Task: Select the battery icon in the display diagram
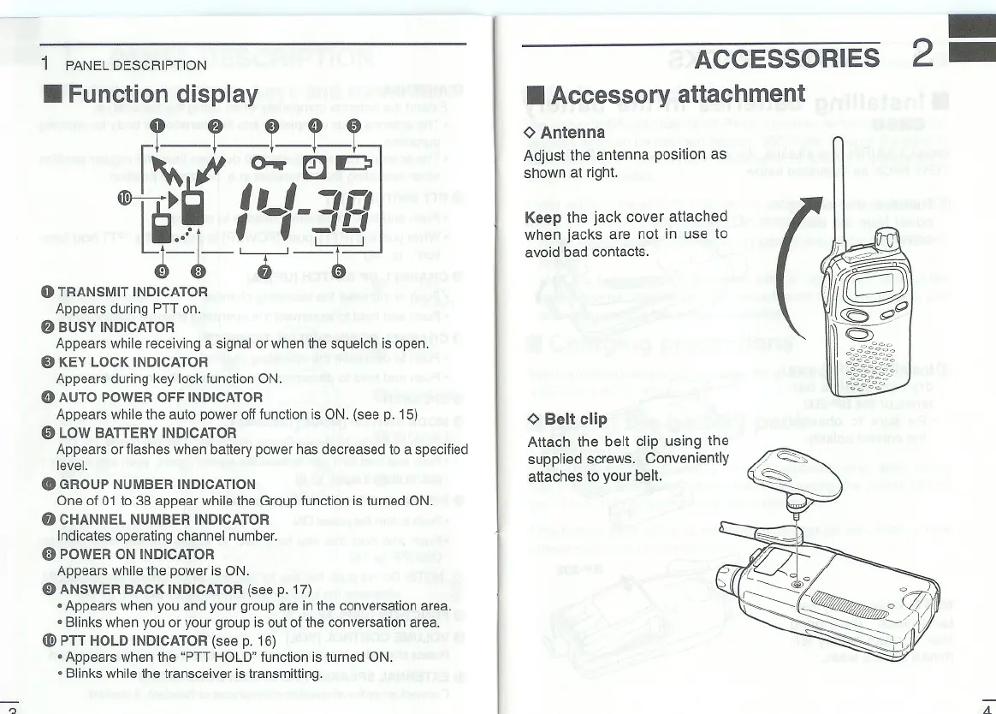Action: click(351, 163)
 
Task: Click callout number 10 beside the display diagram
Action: click(125, 200)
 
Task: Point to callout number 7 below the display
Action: click(264, 273)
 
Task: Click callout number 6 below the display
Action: click(339, 273)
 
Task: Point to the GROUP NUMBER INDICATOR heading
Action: click(157, 484)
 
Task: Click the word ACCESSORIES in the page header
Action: click(786, 58)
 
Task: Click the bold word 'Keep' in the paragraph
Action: click(542, 217)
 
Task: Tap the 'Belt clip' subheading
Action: click(575, 419)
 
